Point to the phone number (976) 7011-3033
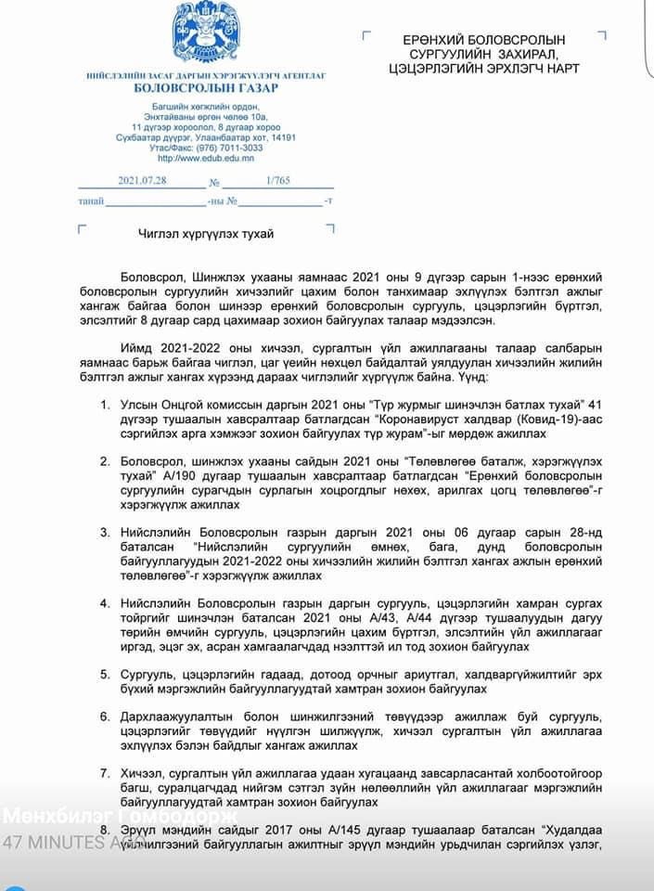226,148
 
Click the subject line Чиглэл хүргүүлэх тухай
206,234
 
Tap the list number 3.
105,533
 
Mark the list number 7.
105,773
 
